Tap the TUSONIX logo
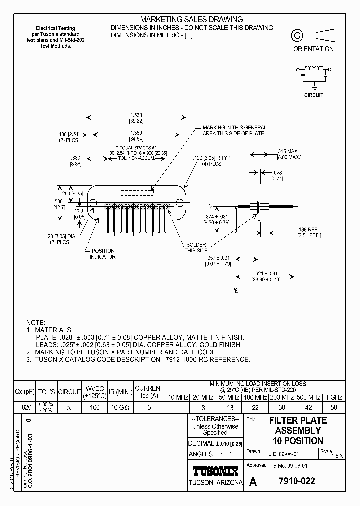pos(216,470)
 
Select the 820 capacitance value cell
pos(27,407)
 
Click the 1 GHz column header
pos(333,397)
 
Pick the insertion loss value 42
pos(308,407)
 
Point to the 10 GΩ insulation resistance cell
pos(120,407)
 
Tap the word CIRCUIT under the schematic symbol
pos(314,95)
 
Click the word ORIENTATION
pos(313,49)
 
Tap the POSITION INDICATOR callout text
pos(103,254)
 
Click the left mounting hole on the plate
pos(93,203)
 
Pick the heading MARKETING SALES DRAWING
pos(192,19)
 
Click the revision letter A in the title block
pos(253,482)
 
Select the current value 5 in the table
pos(149,407)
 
